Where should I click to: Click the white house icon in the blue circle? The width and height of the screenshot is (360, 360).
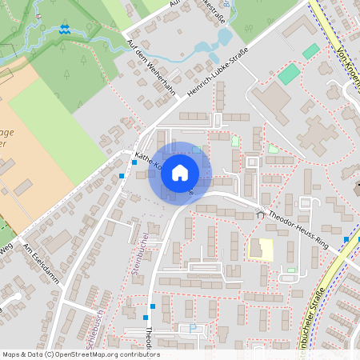pos(180,173)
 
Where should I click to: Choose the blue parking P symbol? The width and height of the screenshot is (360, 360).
pos(192,327)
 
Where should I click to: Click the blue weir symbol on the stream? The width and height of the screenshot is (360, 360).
pos(64,30)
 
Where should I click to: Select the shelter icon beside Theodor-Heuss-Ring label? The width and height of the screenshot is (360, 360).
pos(259,213)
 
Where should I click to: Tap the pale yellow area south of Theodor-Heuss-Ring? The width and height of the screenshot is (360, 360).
pos(261,250)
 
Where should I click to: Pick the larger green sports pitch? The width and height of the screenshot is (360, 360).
pos(290,74)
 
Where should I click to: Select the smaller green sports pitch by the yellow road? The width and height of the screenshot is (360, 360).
pos(310,51)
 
